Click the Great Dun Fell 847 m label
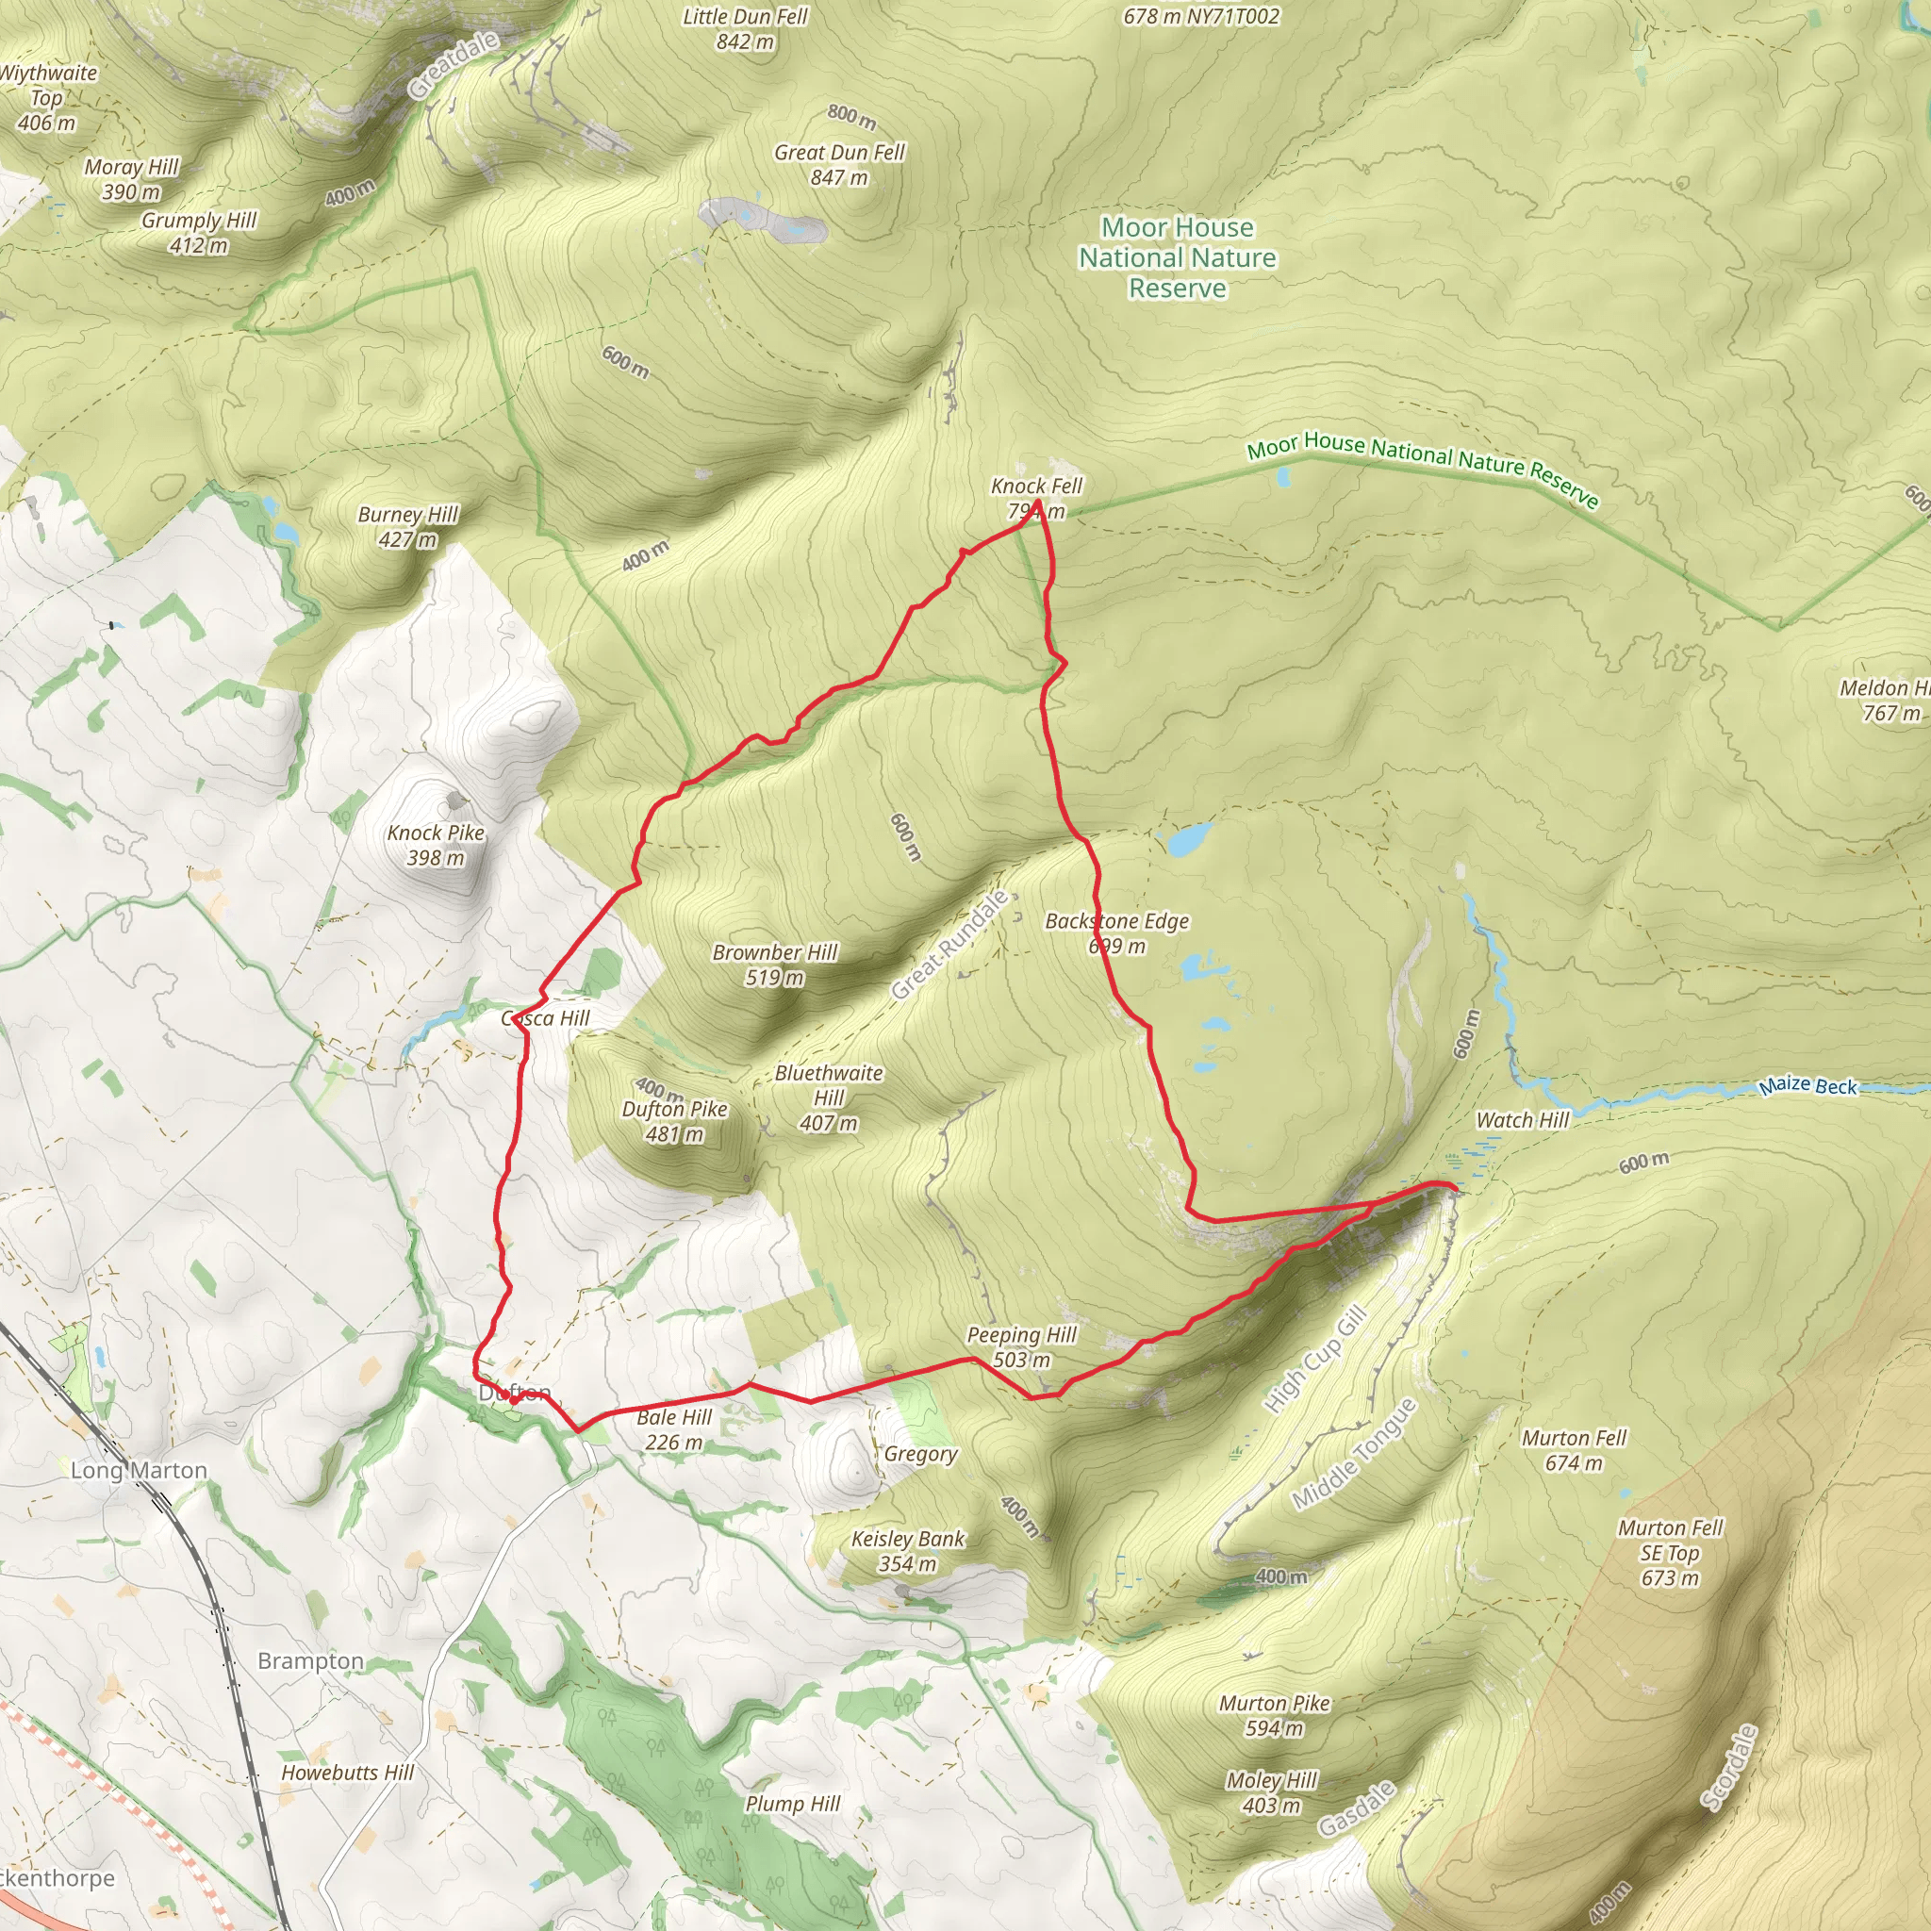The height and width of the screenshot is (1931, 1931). pyautogui.click(x=838, y=165)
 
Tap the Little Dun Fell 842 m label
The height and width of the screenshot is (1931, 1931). pyautogui.click(x=745, y=29)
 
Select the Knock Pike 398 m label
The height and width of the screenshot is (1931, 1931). pyautogui.click(x=436, y=845)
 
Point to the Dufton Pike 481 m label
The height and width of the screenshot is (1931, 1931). pyautogui.click(x=675, y=1120)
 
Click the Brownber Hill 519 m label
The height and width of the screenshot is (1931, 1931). pyautogui.click(x=775, y=965)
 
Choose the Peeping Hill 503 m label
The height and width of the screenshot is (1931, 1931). pyautogui.click(x=1021, y=1346)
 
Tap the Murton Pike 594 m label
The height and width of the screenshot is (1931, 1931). pyautogui.click(x=1275, y=1715)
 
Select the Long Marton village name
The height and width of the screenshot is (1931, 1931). pyautogui.click(x=139, y=1470)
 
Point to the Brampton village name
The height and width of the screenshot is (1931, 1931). pyautogui.click(x=311, y=1661)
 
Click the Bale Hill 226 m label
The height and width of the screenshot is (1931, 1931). pyautogui.click(x=675, y=1429)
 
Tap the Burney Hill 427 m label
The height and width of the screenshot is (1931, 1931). pyautogui.click(x=407, y=527)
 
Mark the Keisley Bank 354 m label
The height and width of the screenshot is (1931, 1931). pyautogui.click(x=908, y=1551)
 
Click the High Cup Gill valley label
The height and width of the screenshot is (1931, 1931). pyautogui.click(x=1313, y=1361)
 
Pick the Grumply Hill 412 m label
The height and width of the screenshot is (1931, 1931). pyautogui.click(x=199, y=232)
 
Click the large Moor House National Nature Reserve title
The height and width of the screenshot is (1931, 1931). pyautogui.click(x=1178, y=257)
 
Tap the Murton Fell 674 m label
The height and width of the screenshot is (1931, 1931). pyautogui.click(x=1575, y=1450)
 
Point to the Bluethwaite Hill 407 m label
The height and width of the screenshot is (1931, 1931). pyautogui.click(x=829, y=1098)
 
